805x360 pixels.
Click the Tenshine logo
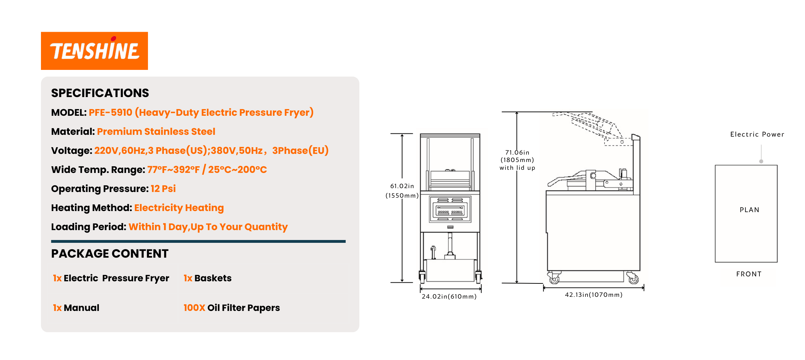click(94, 51)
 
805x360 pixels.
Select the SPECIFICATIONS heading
click(100, 93)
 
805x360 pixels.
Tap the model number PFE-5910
click(110, 113)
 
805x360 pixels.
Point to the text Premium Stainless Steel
click(156, 132)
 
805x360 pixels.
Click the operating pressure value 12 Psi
click(163, 189)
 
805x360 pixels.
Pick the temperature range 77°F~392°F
click(173, 170)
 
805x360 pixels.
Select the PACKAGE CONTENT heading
click(109, 254)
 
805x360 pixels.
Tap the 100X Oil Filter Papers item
click(231, 308)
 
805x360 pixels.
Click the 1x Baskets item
click(207, 278)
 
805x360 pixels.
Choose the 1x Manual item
click(76, 308)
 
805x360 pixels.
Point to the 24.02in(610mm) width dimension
click(449, 296)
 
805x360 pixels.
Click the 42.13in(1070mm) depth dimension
click(594, 295)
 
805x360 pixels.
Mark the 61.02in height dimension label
click(402, 186)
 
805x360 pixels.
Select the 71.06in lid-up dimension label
click(517, 152)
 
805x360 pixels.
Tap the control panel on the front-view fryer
click(450, 209)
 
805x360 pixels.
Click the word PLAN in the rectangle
click(749, 210)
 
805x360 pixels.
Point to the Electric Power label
click(757, 134)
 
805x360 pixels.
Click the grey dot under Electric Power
click(761, 161)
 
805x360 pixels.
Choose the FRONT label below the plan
click(749, 274)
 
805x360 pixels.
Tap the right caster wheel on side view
click(633, 279)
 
